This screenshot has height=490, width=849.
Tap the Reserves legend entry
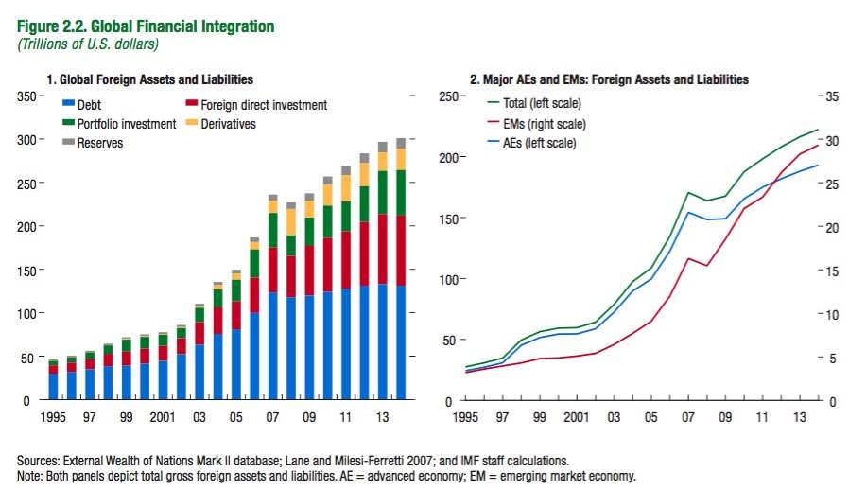tap(98, 142)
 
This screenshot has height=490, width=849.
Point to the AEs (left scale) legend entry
tap(542, 143)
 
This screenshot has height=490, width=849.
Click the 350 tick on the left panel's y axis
tap(21, 96)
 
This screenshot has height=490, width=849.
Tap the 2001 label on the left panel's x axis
tap(162, 415)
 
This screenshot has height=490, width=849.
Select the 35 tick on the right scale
tap(831, 96)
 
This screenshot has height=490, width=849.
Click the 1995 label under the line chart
tap(466, 415)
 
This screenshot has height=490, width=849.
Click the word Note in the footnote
tap(29, 475)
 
